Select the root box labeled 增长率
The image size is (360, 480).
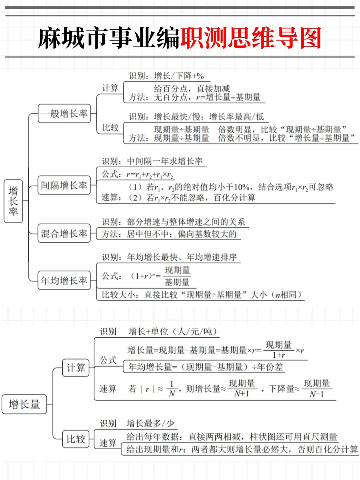(x=13, y=201)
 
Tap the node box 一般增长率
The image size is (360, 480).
(x=64, y=114)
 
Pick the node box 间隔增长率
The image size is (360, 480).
(x=64, y=185)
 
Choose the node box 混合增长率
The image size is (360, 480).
(x=64, y=233)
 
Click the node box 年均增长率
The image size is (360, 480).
(x=64, y=281)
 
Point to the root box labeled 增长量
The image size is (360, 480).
(x=24, y=404)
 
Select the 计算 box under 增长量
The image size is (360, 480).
(x=76, y=368)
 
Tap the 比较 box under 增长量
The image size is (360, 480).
(x=76, y=439)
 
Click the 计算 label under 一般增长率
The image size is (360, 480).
(x=110, y=88)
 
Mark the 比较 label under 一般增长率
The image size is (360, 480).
(x=111, y=128)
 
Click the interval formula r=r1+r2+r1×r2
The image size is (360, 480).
(x=150, y=175)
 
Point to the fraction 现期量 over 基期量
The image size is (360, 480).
(x=177, y=276)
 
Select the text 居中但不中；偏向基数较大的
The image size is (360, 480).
(x=182, y=234)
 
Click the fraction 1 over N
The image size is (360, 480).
(x=172, y=389)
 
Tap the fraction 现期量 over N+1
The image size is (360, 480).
(x=242, y=389)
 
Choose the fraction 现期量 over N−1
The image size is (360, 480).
(x=317, y=389)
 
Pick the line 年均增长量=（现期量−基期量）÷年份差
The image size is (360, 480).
(x=206, y=367)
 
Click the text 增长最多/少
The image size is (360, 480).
(x=150, y=423)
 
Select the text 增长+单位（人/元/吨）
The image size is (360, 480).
(x=173, y=331)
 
